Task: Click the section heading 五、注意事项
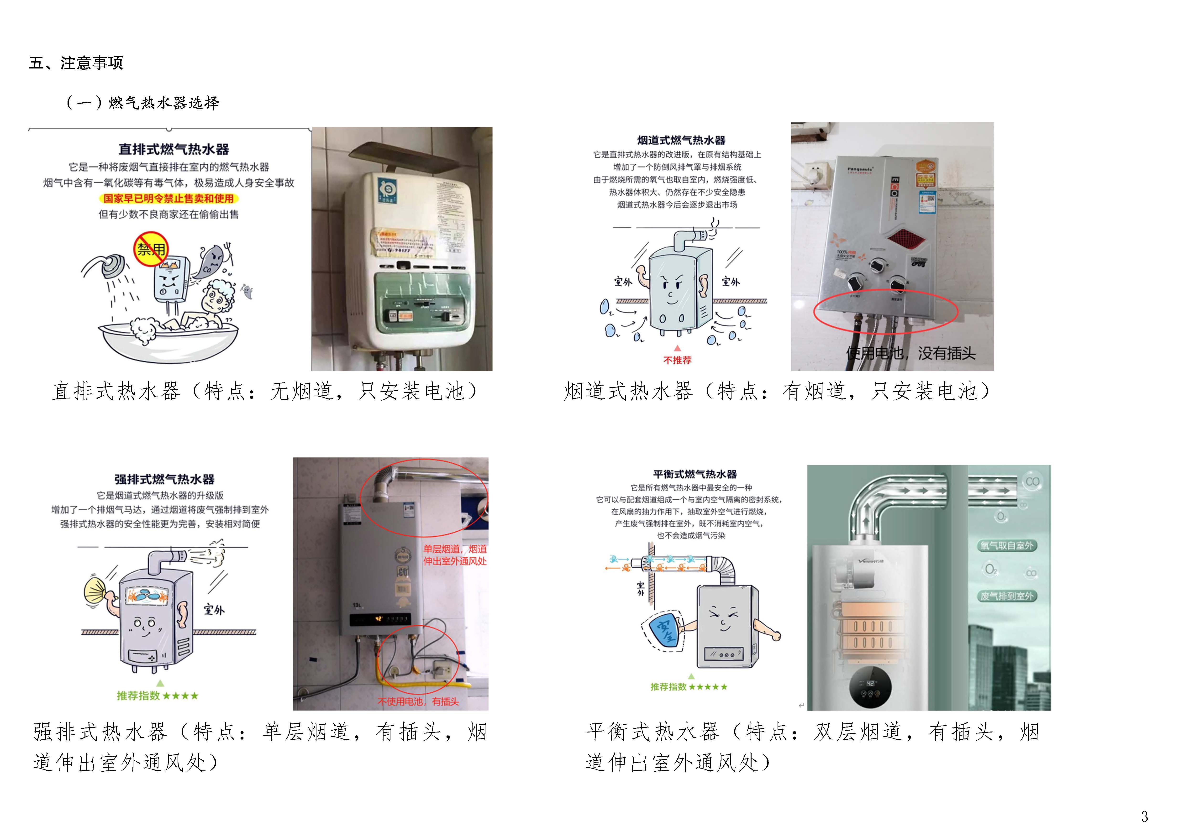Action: click(76, 63)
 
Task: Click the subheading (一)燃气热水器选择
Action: click(143, 103)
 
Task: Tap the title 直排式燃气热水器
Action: click(174, 149)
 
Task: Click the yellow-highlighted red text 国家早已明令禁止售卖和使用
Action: click(169, 199)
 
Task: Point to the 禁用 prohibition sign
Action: click(151, 249)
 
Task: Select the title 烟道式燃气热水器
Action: click(681, 140)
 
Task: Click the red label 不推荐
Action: click(677, 360)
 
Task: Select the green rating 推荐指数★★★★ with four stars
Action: click(157, 696)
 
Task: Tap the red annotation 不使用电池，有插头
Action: click(418, 701)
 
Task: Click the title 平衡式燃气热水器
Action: click(695, 474)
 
